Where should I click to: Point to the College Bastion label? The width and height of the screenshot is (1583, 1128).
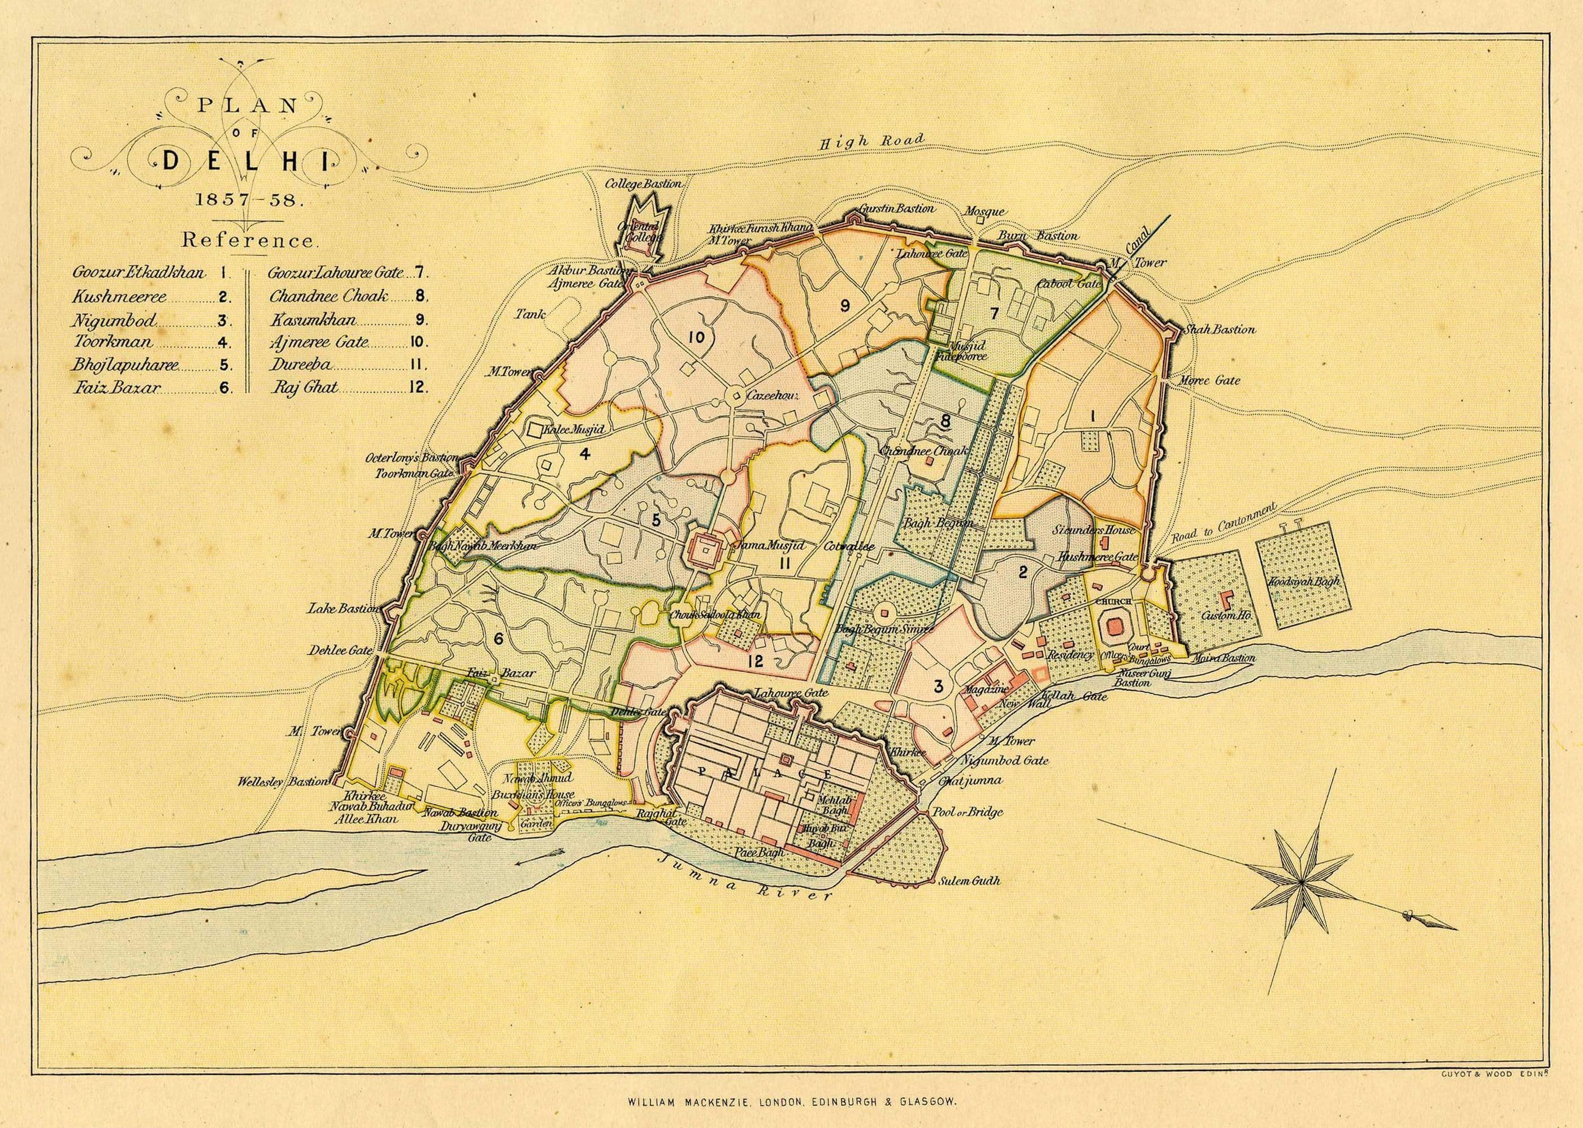point(643,184)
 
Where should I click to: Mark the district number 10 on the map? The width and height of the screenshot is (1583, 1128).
point(696,337)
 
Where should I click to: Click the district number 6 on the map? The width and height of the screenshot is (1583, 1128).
point(497,639)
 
